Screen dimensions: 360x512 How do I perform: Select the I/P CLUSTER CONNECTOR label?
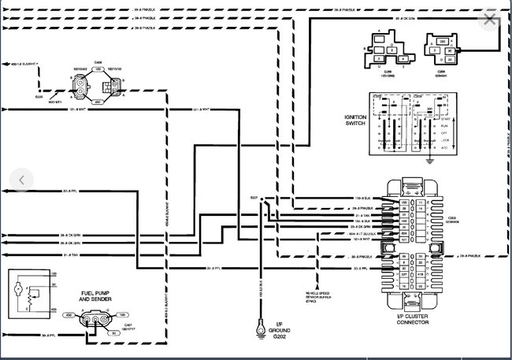coord(414,318)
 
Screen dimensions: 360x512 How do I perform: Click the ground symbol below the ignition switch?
coord(428,161)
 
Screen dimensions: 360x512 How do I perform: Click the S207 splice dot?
coord(262,199)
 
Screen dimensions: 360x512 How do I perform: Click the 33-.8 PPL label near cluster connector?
coord(363,269)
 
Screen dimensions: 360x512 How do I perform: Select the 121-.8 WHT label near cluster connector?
coord(363,240)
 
